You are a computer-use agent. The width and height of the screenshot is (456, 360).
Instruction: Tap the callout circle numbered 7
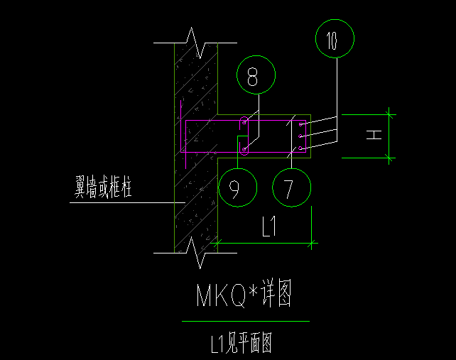[291, 188]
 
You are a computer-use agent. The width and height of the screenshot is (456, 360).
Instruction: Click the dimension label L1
[268, 227]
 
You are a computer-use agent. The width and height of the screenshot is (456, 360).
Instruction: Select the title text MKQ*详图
[244, 294]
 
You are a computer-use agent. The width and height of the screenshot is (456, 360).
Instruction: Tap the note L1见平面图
[241, 344]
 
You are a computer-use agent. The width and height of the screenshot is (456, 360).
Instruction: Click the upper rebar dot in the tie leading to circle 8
[245, 122]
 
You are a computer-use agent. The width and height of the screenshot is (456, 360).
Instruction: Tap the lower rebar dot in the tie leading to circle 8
[245, 149]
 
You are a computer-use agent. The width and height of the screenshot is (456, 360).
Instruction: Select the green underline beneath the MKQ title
[245, 322]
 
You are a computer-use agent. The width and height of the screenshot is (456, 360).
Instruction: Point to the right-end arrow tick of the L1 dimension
[312, 244]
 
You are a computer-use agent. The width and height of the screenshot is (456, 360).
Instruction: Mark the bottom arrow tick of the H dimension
[389, 157]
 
